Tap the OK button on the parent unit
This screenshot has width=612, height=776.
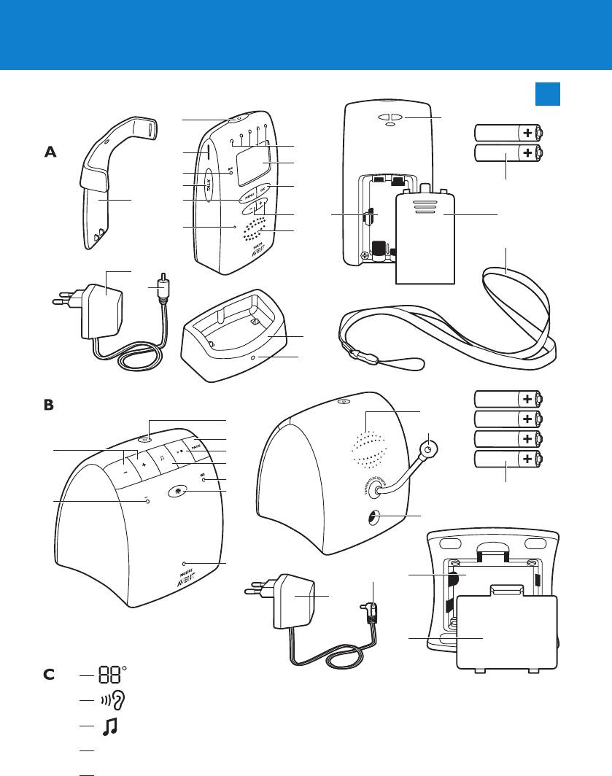(x=263, y=186)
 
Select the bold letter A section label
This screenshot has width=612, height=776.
(x=50, y=152)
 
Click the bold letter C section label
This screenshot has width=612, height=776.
(x=50, y=675)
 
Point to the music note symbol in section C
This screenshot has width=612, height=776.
(x=110, y=726)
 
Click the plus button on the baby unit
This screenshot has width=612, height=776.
(x=144, y=465)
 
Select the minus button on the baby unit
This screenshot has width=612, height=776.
(x=125, y=470)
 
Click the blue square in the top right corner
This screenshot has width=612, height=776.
(x=547, y=93)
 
